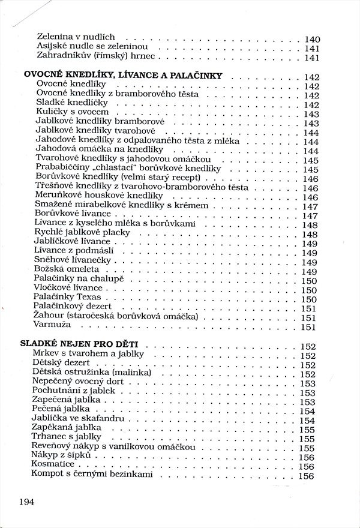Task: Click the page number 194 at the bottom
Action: click(x=31, y=502)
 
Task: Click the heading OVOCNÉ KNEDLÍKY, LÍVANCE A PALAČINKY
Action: click(x=123, y=76)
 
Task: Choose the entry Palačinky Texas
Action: click(x=69, y=298)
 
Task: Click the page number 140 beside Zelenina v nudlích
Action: click(x=312, y=39)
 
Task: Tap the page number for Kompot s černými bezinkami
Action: click(x=306, y=476)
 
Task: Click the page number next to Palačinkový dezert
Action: click(x=308, y=308)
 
